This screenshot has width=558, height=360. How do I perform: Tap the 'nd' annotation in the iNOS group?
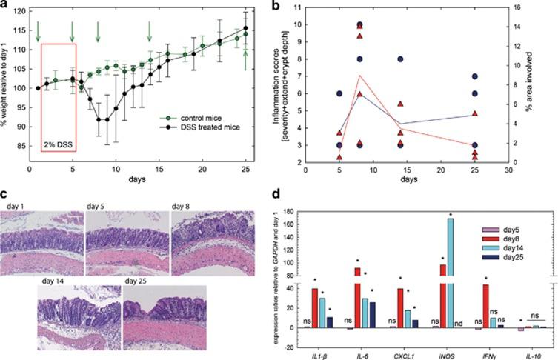tap(459, 322)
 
